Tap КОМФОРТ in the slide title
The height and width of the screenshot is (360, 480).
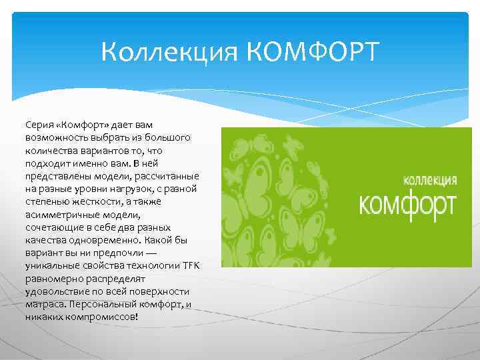[313, 52]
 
